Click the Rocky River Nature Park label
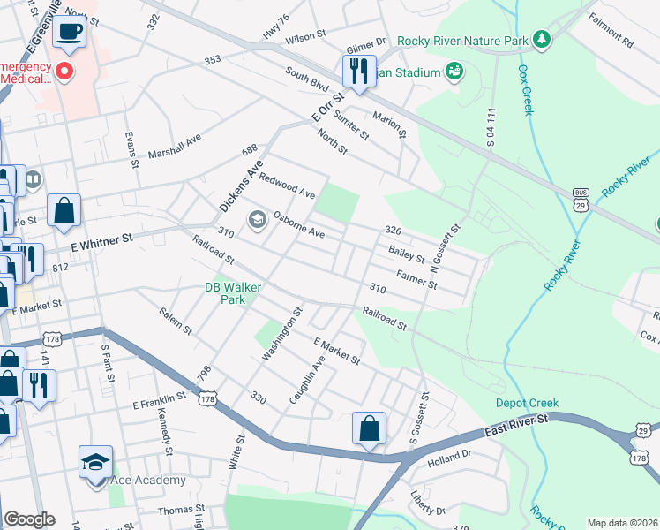click(x=461, y=41)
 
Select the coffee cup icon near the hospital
click(x=68, y=31)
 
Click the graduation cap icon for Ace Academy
click(x=95, y=461)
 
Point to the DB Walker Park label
click(x=225, y=293)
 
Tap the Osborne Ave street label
click(x=299, y=224)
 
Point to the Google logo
click(x=29, y=519)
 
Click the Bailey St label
click(x=407, y=254)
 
